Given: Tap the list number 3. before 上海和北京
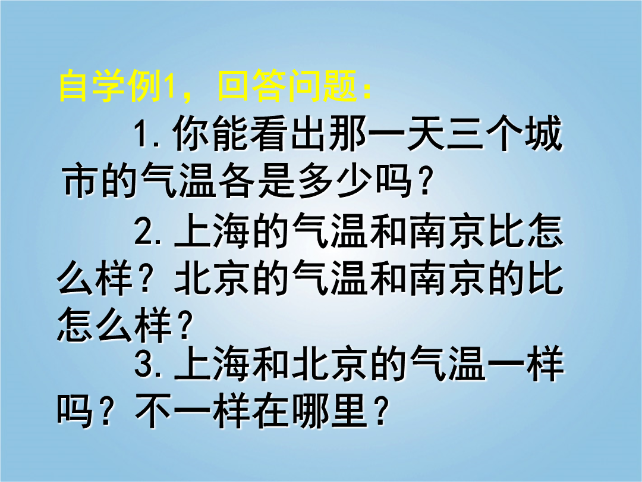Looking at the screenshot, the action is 148,363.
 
